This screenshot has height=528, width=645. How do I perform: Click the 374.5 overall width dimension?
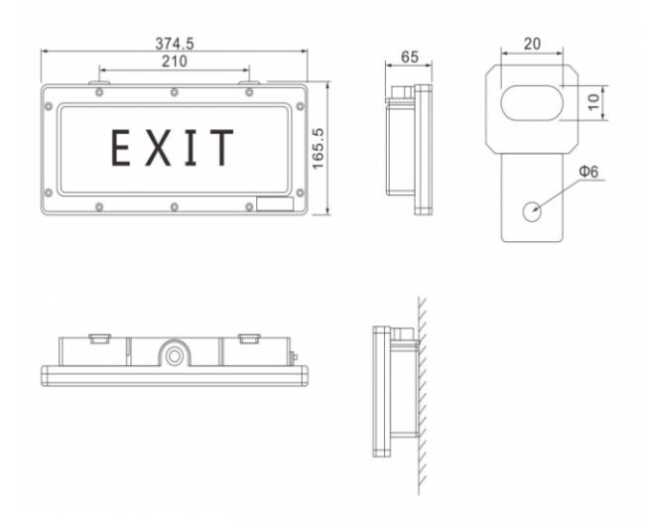[x=175, y=43]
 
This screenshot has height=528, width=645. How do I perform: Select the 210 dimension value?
[x=174, y=62]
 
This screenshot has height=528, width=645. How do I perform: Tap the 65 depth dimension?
[x=409, y=57]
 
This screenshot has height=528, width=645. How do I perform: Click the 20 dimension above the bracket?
[x=533, y=43]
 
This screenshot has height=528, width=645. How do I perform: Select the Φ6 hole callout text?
[x=588, y=172]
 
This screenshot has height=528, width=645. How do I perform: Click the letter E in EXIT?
[x=121, y=148]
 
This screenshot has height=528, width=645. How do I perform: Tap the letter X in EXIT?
[x=157, y=148]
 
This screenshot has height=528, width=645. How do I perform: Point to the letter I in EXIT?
[x=191, y=148]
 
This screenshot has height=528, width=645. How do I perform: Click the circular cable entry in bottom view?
[x=175, y=354]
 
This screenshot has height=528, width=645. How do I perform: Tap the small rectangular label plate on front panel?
[x=274, y=204]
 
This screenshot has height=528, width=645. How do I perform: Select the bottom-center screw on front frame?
[x=175, y=206]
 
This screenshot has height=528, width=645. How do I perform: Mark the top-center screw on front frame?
[x=175, y=92]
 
